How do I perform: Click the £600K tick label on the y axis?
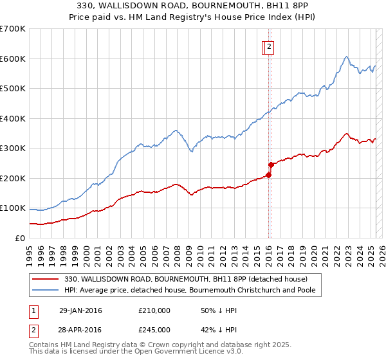13,59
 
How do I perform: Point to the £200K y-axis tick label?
13,178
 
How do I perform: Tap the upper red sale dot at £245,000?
271,165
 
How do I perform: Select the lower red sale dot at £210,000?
268,175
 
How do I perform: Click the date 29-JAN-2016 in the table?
80,310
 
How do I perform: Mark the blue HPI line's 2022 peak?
346,57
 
